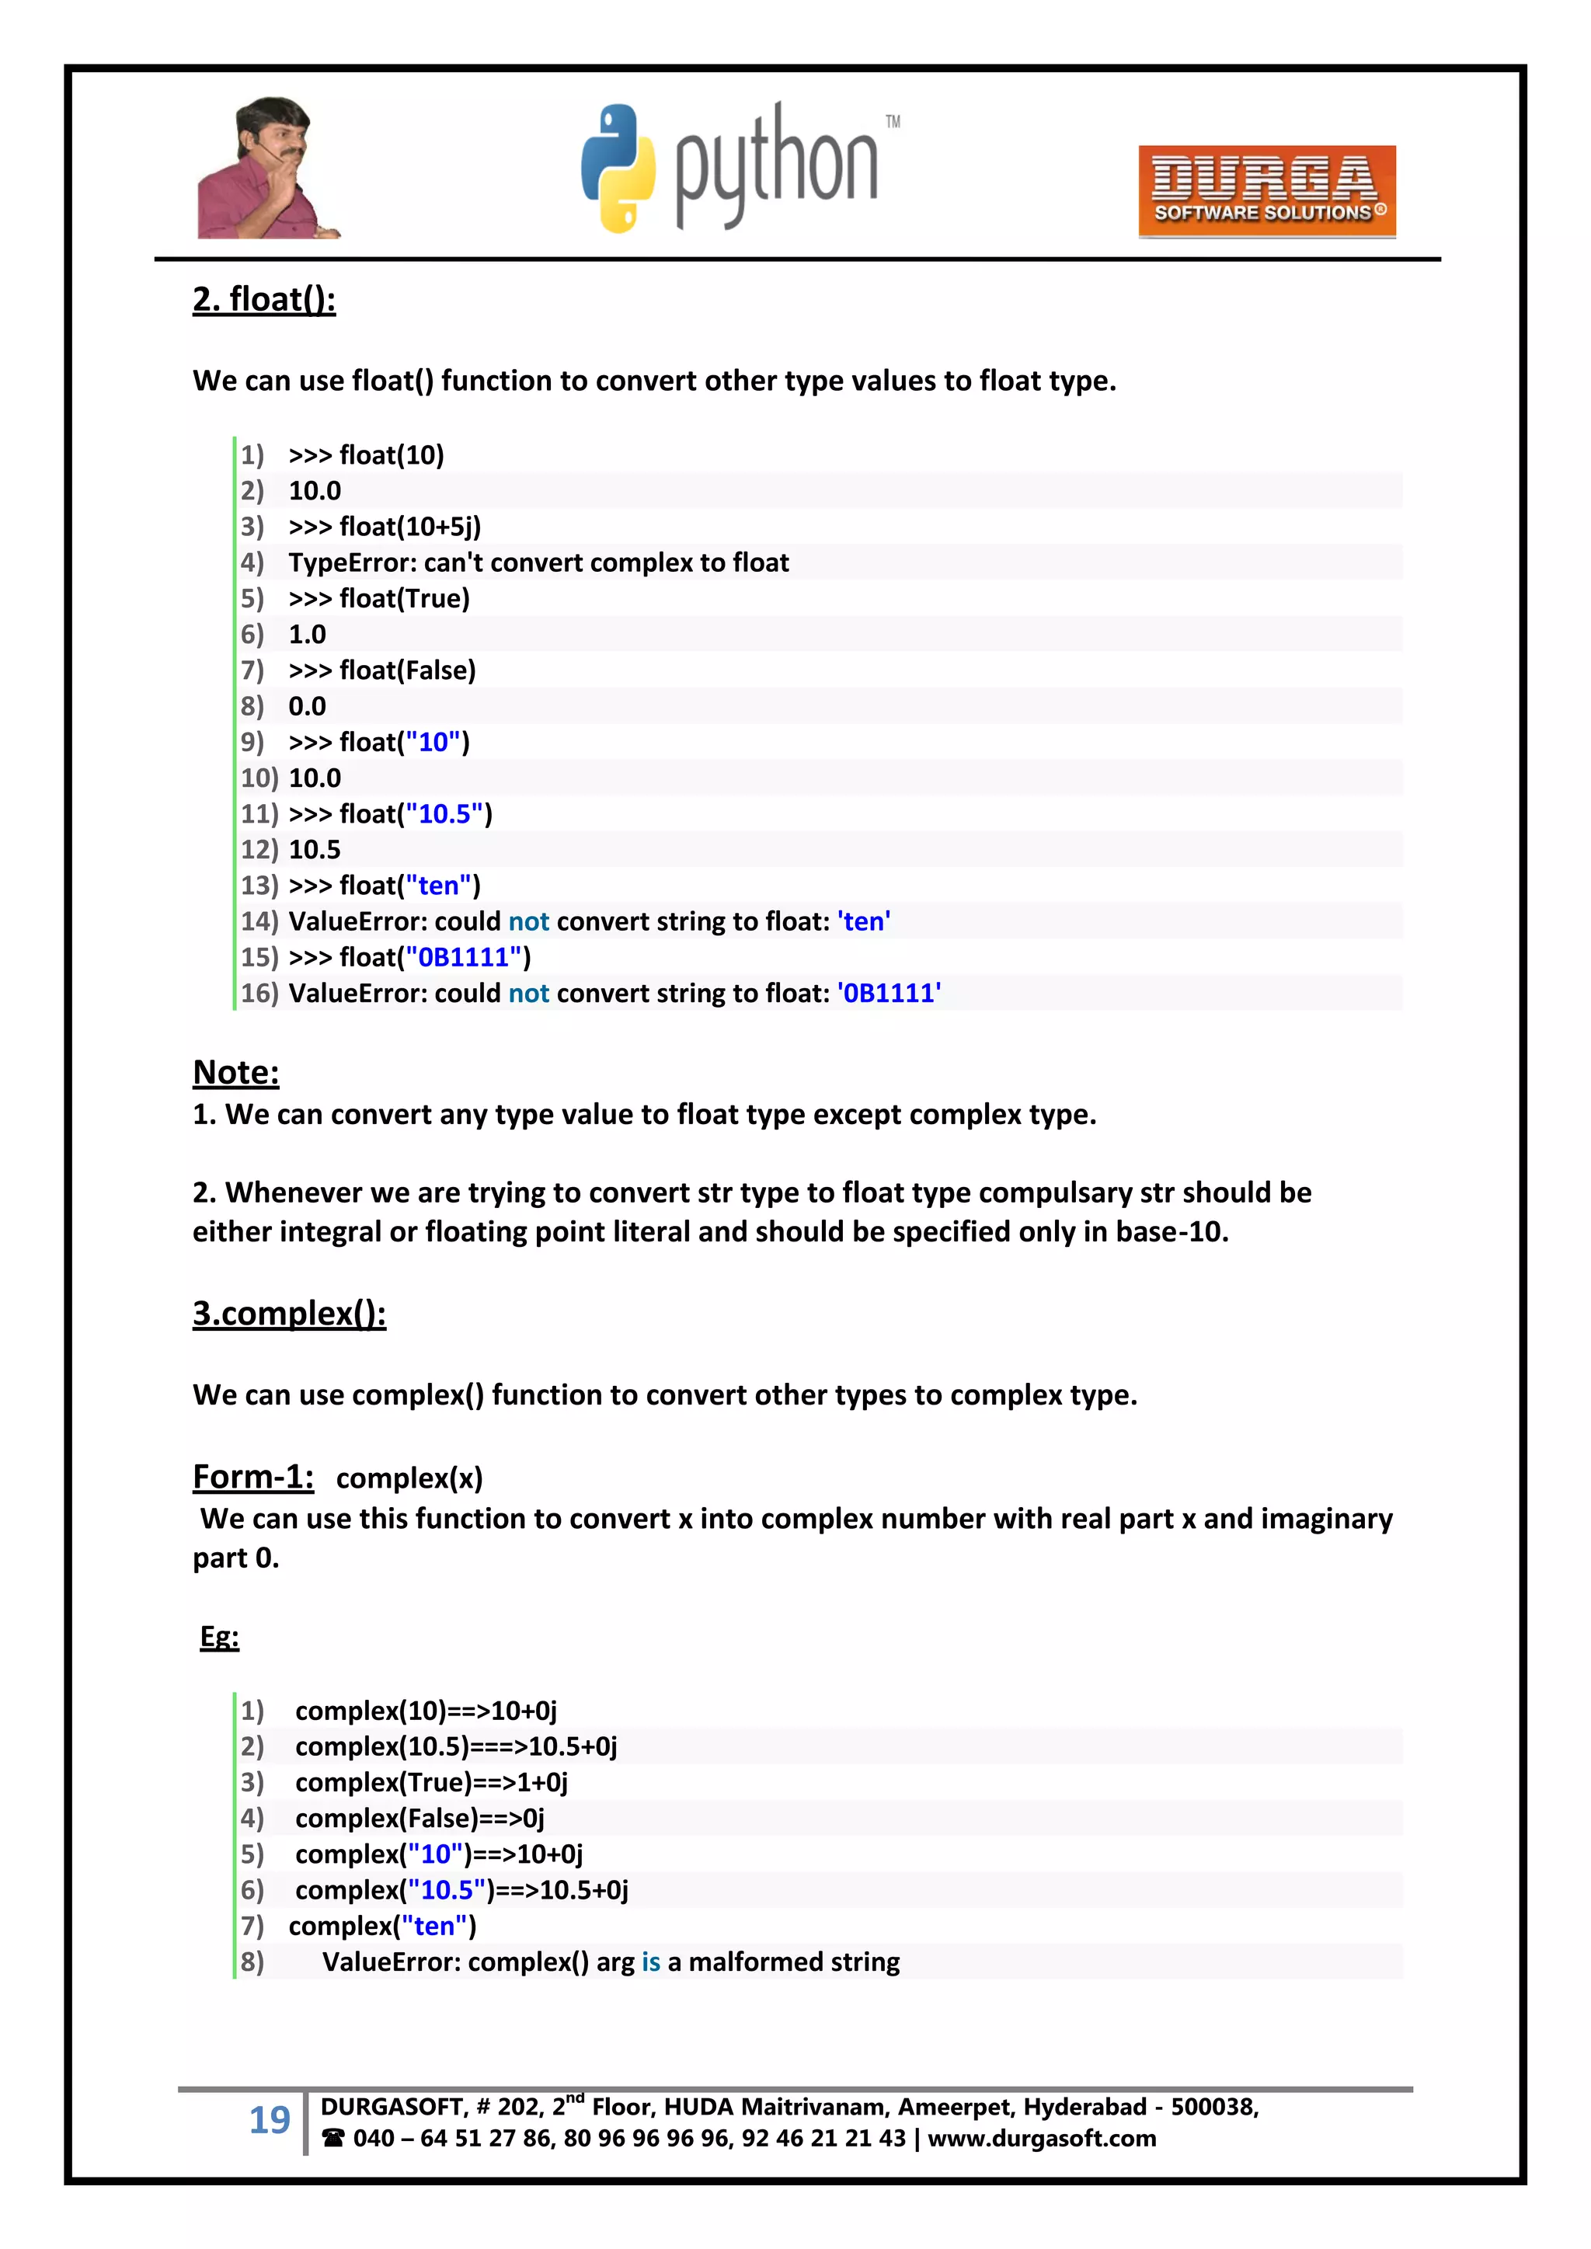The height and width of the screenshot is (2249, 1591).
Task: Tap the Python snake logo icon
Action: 618,168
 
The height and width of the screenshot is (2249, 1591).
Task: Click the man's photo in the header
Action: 267,169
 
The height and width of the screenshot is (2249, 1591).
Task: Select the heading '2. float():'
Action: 263,299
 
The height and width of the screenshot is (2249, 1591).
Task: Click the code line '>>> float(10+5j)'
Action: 384,527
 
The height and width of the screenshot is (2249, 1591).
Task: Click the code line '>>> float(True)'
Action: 378,598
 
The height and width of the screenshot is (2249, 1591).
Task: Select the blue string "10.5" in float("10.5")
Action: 445,814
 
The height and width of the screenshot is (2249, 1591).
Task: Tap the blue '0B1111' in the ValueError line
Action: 889,994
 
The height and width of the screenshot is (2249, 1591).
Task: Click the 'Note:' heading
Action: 236,1073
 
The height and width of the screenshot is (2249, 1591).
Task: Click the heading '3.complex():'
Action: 289,1314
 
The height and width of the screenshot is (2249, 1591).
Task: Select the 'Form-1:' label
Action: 252,1477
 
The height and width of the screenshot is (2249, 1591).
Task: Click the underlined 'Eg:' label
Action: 219,1637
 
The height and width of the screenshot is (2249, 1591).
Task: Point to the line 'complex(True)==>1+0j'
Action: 431,1783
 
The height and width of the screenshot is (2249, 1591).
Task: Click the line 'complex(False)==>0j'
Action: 420,1819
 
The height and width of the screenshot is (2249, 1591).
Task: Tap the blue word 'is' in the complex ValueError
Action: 650,1962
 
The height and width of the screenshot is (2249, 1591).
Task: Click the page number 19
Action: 270,2120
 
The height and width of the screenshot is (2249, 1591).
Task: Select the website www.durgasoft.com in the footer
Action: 1042,2139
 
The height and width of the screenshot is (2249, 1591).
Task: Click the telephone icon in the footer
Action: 333,2139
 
